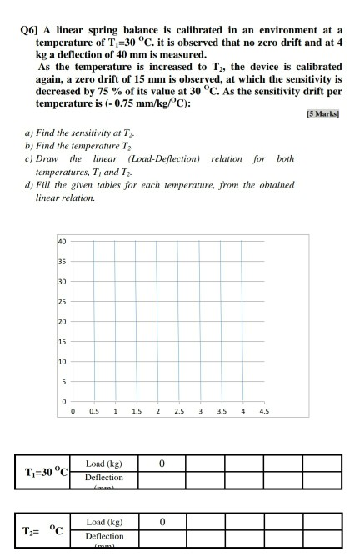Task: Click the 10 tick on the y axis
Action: coord(62,363)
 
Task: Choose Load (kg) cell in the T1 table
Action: coord(104,463)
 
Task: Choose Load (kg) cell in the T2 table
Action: coord(104,521)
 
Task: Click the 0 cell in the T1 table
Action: coord(162,463)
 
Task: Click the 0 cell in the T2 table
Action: coord(162,521)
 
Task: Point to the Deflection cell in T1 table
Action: coord(104,478)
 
